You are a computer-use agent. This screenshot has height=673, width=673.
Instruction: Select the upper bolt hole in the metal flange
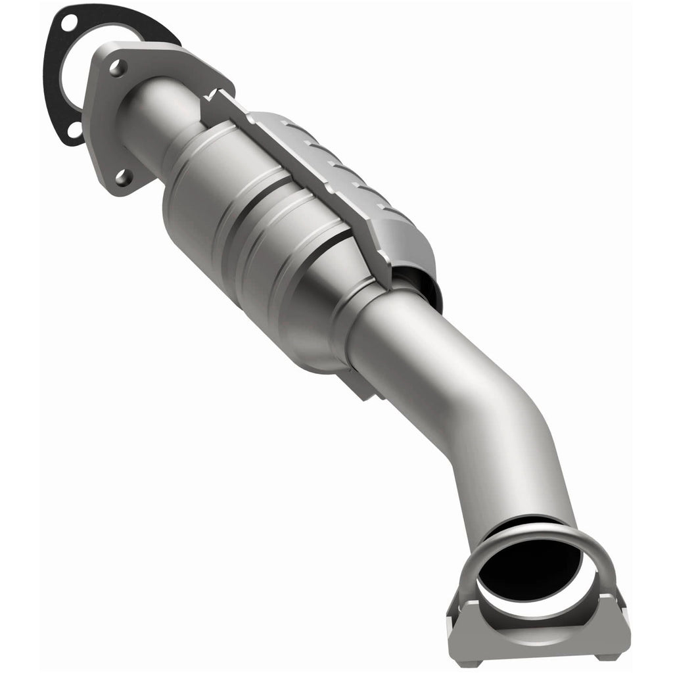pos(117,67)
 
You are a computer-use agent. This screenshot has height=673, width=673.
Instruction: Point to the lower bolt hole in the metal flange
pos(122,175)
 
